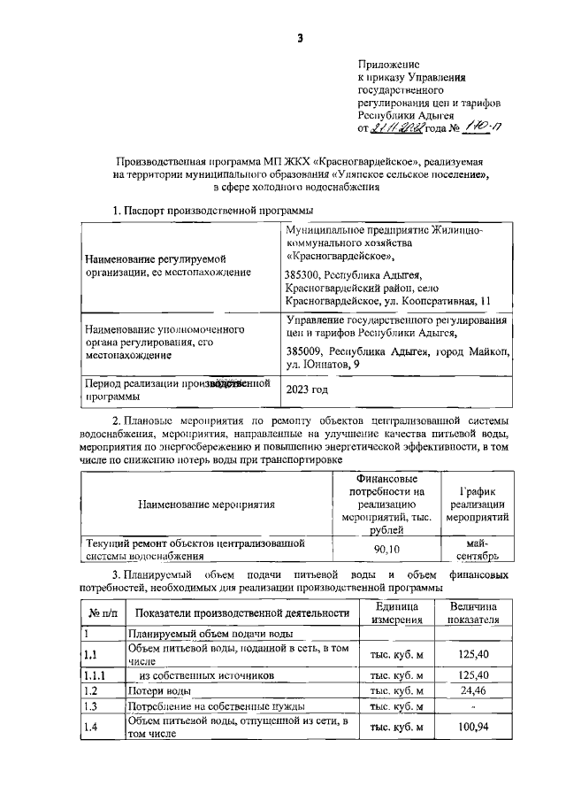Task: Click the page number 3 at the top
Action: coord(300,37)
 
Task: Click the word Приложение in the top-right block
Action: coord(389,65)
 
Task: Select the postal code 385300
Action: coord(303,275)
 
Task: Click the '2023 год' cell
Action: coord(306,389)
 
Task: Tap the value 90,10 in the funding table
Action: coord(385,549)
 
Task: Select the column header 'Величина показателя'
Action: coord(473,612)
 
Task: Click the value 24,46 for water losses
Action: coord(473,690)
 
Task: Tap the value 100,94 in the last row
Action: coord(473,727)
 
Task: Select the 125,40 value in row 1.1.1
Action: coord(473,674)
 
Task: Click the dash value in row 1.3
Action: coord(473,706)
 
